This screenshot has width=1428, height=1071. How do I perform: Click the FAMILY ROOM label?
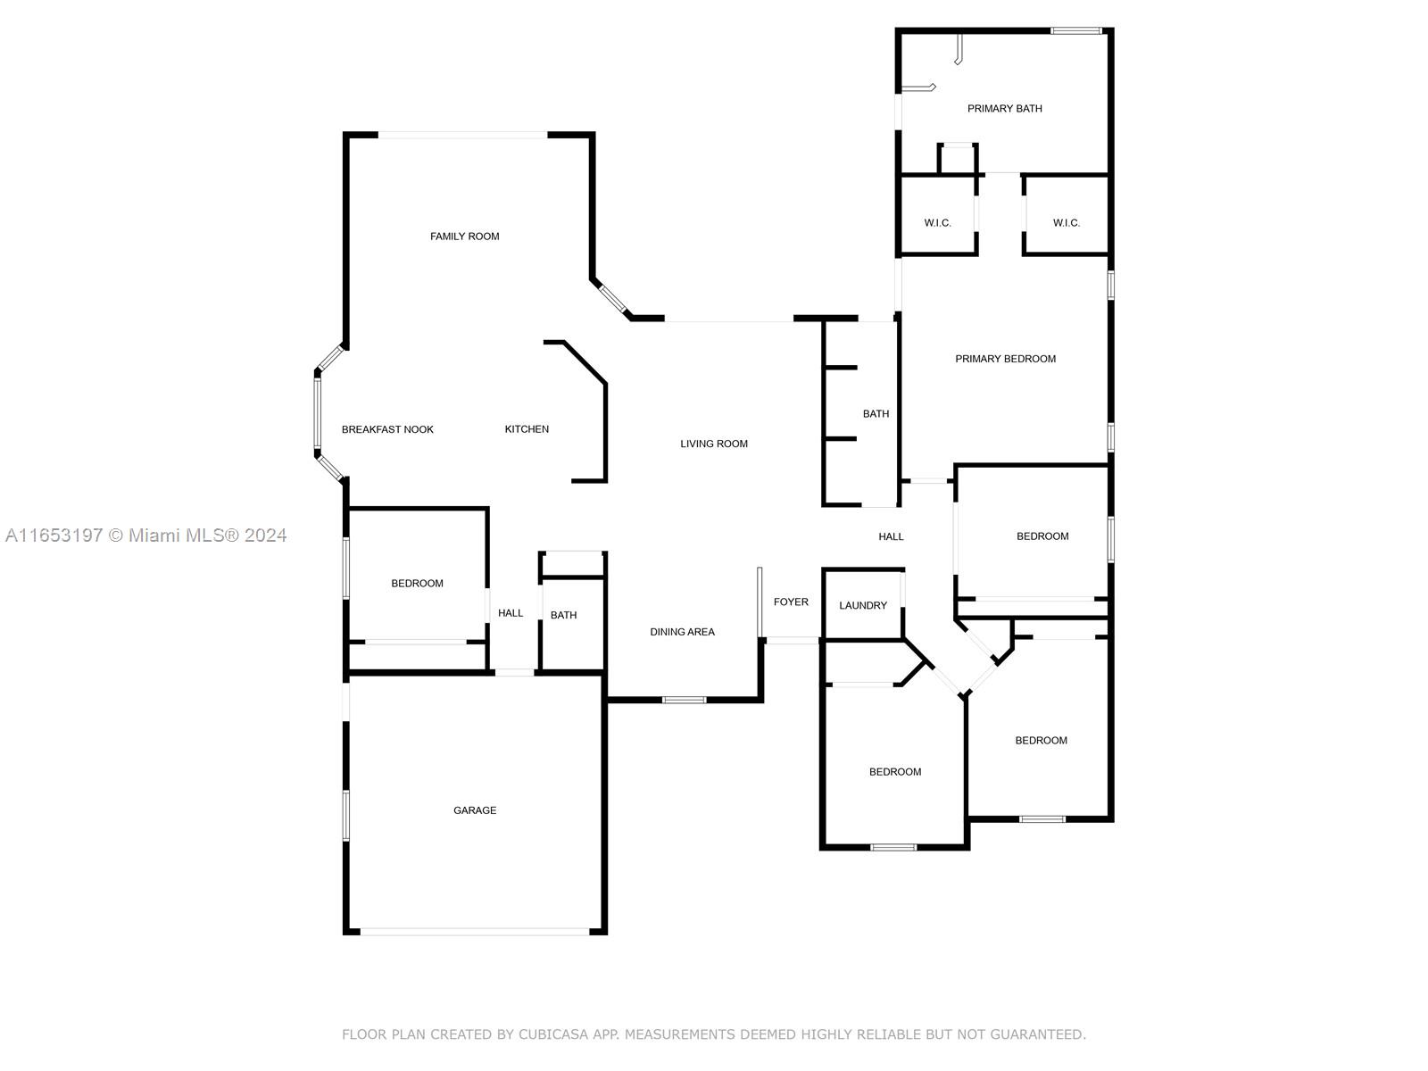464,237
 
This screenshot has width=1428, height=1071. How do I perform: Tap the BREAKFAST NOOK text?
387,430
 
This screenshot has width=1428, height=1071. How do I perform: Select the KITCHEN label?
527,429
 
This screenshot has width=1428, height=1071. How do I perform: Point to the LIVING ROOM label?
714,444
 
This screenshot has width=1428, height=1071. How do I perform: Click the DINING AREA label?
682,632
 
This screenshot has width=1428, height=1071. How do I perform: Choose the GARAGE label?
474,810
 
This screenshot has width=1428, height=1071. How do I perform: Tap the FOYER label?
791,602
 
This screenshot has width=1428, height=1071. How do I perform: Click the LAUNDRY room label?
863,605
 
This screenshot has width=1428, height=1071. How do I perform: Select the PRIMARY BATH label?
1004,109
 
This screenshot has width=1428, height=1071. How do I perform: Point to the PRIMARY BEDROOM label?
1005,359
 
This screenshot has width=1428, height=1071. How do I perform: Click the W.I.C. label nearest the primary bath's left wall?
937,223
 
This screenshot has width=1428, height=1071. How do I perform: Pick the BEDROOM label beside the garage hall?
417,584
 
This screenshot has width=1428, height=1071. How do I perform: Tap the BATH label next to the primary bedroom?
876,413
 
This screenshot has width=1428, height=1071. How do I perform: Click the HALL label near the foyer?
891,536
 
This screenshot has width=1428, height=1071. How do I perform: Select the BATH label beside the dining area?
563,615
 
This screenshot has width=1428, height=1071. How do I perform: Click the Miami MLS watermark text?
145,535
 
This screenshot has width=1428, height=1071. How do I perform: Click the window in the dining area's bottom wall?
684,700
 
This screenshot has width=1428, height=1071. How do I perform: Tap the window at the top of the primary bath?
1076,30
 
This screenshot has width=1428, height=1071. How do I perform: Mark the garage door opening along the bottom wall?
475,931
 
